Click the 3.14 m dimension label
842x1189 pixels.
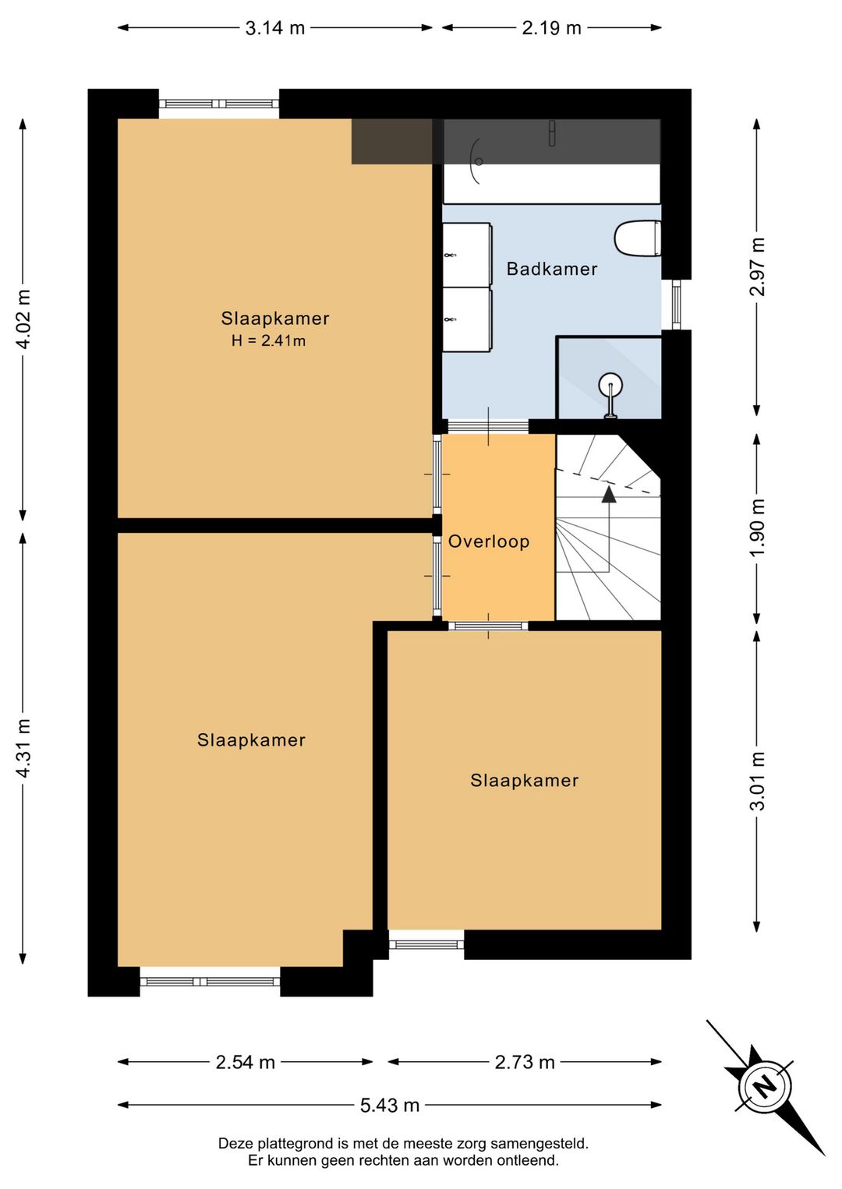pos(274,28)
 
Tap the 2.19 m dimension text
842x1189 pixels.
pos(551,28)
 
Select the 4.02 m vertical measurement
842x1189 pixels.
pos(23,319)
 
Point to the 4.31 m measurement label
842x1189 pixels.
pos(23,748)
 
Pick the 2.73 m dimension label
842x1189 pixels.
pos(525,1062)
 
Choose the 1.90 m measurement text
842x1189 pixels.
pos(758,527)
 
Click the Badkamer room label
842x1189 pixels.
pos(552,269)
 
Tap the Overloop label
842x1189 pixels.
pos(489,542)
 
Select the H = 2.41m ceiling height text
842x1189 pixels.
pos(268,340)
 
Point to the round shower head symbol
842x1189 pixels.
pos(610,384)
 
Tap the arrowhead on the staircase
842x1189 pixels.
pos(609,495)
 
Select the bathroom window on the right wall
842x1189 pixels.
pos(676,305)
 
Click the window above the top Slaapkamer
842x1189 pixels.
pos(219,104)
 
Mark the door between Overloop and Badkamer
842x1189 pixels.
pos(488,426)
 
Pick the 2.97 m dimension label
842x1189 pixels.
pos(758,266)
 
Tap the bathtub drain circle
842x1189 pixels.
pos(479,161)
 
